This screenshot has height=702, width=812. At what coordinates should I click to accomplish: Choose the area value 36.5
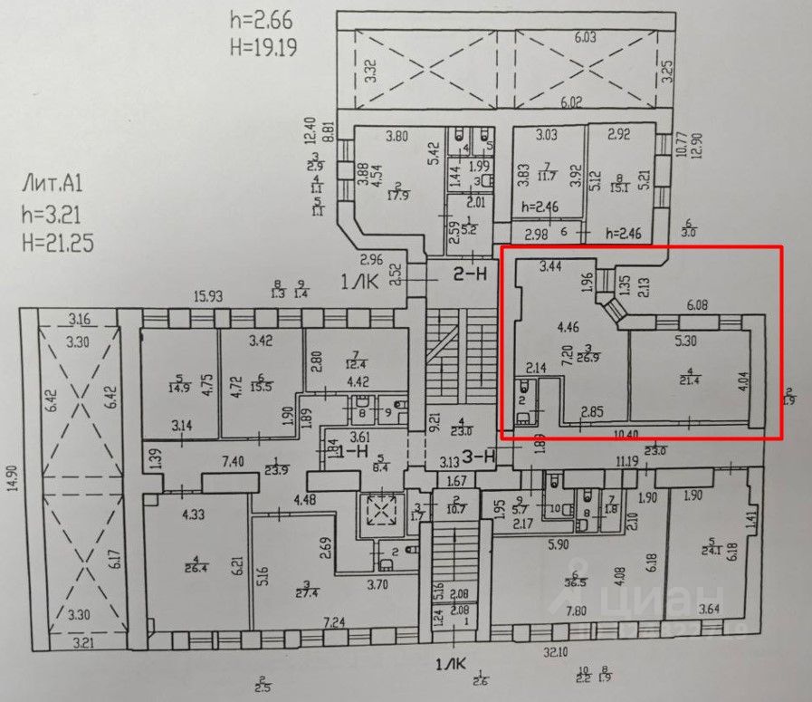[x=574, y=582]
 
